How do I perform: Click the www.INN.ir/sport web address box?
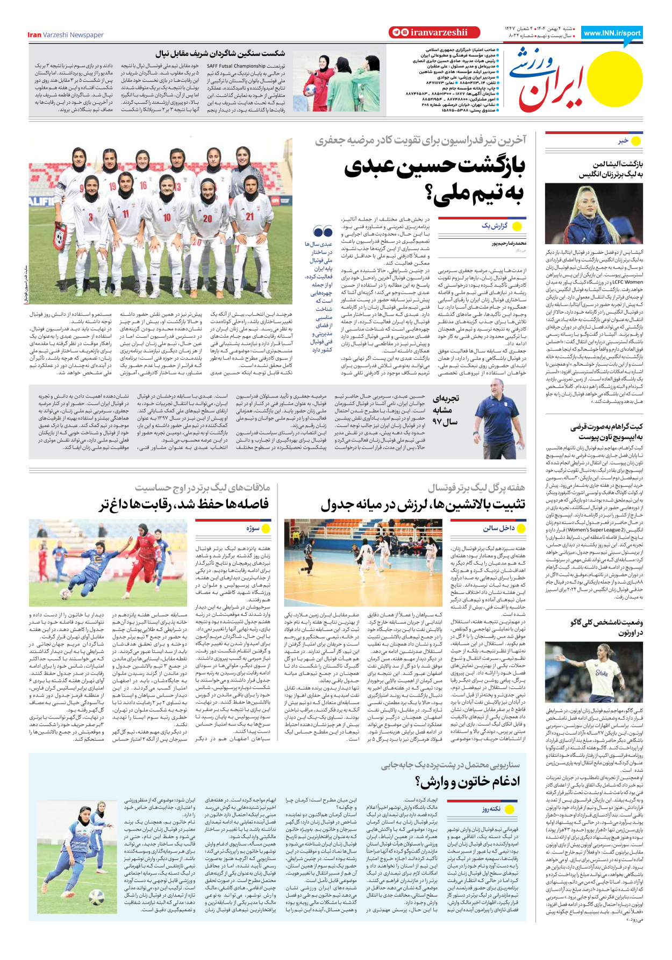click(x=612, y=33)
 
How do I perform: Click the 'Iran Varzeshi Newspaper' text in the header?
click(x=66, y=35)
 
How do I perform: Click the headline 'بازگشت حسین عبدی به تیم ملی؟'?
click(x=434, y=180)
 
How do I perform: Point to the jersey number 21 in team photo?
click(x=250, y=216)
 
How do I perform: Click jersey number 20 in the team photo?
click(x=208, y=218)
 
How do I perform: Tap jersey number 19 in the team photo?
click(x=113, y=187)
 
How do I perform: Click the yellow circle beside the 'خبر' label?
click(x=637, y=141)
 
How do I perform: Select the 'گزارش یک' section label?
click(x=494, y=226)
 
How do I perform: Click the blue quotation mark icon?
click(x=323, y=232)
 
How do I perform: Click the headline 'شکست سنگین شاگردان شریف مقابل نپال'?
click(x=220, y=53)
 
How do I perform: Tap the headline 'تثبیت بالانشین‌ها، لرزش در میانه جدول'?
click(x=423, y=505)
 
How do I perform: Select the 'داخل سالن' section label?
click(x=498, y=528)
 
